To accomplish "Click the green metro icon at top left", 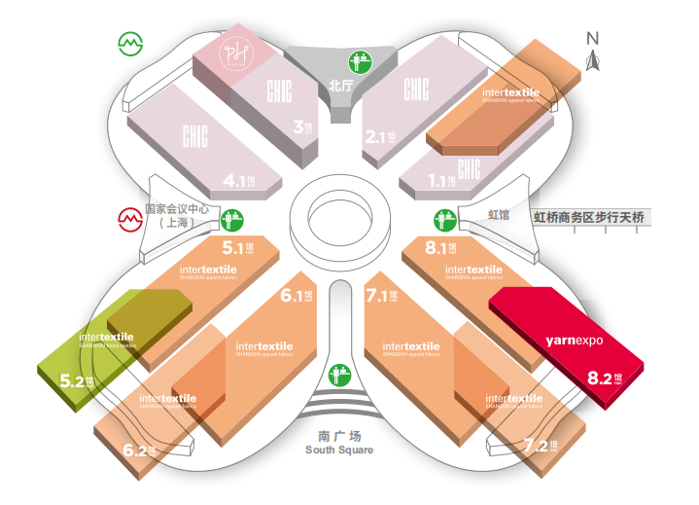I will click(x=130, y=44).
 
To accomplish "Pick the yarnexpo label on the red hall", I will click(x=576, y=342).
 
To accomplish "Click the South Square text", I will click(x=339, y=450).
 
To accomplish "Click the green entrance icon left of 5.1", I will click(x=231, y=220).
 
